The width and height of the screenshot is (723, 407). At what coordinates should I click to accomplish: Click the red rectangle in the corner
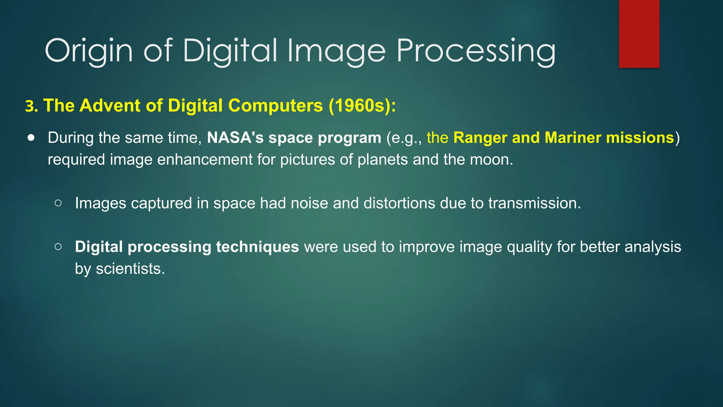tap(639, 34)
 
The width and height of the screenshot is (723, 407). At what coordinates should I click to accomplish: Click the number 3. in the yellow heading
tap(31, 106)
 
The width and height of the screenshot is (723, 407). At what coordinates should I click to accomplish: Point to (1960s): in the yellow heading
tap(362, 106)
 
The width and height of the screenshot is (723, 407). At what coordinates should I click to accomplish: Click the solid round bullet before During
tap(31, 137)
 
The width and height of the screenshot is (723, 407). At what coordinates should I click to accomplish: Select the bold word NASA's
tap(235, 137)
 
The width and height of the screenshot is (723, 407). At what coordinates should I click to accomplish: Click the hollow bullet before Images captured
tap(58, 203)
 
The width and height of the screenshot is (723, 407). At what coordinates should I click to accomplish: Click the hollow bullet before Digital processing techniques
tap(58, 247)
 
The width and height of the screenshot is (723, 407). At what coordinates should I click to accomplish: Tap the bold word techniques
tap(257, 247)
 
